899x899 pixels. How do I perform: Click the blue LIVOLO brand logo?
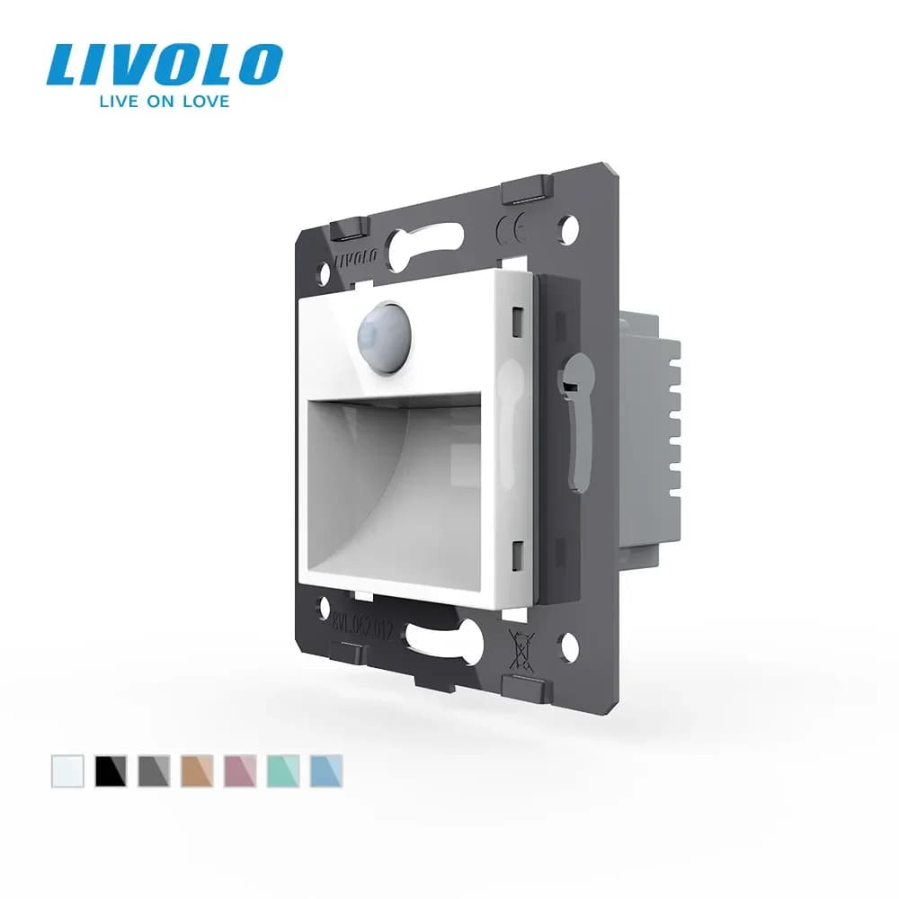[x=164, y=66]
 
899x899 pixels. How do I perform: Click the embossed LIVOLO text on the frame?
[x=355, y=261]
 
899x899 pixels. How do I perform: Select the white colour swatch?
[x=67, y=771]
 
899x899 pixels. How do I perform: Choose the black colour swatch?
[x=111, y=771]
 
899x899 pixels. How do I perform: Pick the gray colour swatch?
[x=154, y=771]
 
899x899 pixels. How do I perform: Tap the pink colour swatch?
[x=239, y=771]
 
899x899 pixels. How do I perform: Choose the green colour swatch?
[x=282, y=771]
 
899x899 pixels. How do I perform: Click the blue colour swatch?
[x=325, y=771]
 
